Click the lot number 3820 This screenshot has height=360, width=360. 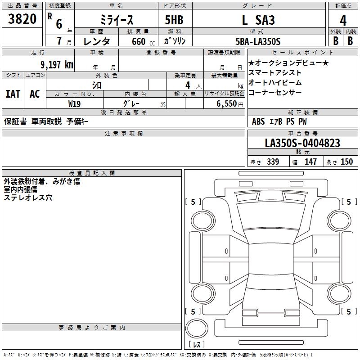pos(22,18)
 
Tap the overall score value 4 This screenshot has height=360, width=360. pos(343,21)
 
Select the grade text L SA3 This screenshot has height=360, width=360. pos(258,20)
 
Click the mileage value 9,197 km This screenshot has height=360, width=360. pos(57,64)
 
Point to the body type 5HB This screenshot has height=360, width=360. pos(174,20)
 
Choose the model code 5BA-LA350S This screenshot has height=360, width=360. pos(258,41)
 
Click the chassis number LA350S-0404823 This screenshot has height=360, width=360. pos(302,143)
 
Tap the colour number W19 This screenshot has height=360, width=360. pos(74,104)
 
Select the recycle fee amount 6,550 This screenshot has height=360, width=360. pos(227,103)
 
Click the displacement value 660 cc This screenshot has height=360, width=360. pos(143,41)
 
